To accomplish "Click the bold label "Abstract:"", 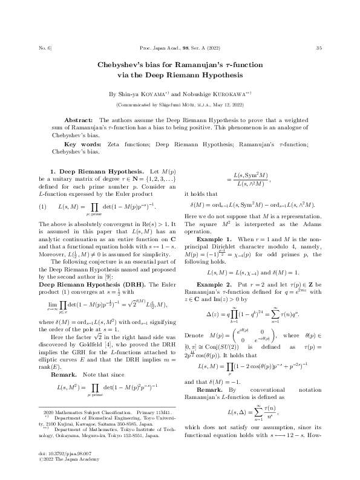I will [x=79, y=121].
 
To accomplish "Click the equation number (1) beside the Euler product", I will [x=42, y=206].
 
